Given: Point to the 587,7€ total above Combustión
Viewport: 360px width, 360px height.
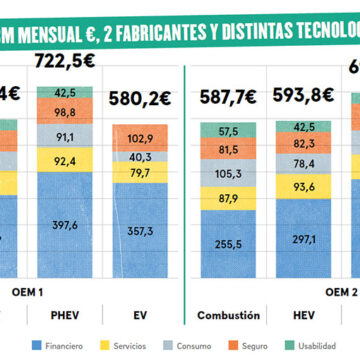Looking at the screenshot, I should click(230, 102).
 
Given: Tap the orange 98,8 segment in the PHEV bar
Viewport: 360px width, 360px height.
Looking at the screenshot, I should click(64, 113).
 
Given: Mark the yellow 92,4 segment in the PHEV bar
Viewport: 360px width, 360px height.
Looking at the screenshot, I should click(64, 160).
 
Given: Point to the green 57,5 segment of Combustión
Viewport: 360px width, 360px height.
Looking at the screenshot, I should click(229, 131).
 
